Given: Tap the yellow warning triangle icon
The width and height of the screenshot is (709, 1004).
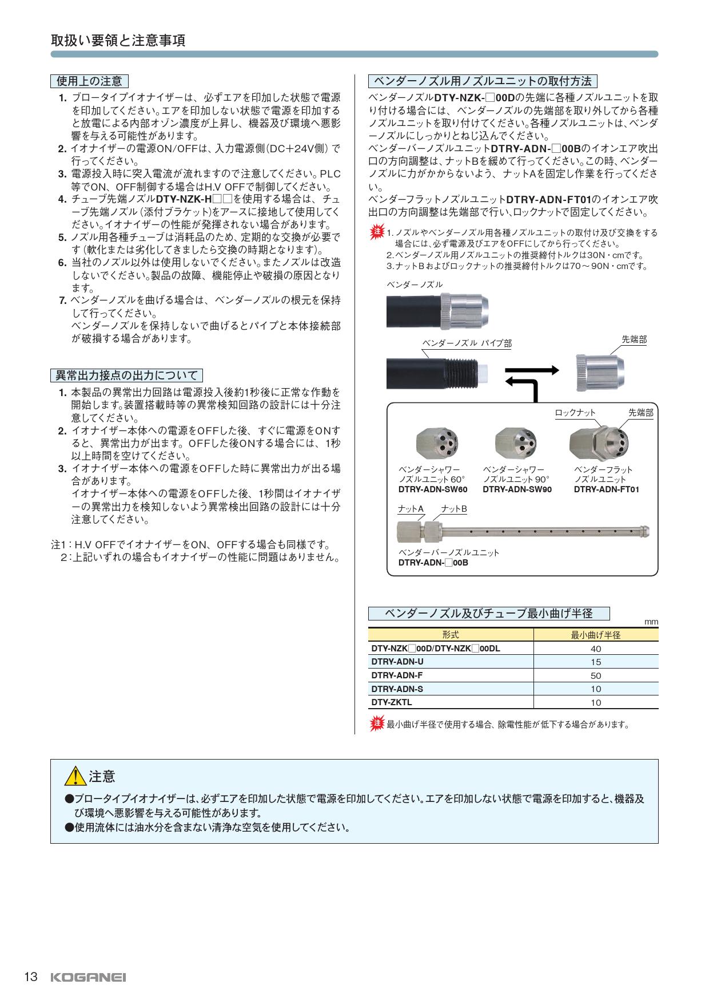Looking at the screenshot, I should tap(75, 776).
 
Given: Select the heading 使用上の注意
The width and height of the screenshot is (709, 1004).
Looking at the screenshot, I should tap(89, 81).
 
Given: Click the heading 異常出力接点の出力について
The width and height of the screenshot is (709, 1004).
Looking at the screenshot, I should tap(126, 375).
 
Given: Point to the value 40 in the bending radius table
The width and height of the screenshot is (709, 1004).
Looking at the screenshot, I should tap(596, 649).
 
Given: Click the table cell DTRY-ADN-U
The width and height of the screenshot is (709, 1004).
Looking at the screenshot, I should tap(397, 662).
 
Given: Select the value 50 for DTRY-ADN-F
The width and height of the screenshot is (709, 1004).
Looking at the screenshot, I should tap(596, 675).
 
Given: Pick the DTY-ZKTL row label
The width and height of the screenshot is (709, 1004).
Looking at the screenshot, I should tap(392, 702).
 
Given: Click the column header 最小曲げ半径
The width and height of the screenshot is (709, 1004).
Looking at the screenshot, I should tap(596, 635).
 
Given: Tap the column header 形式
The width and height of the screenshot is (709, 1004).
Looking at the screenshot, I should tap(451, 635).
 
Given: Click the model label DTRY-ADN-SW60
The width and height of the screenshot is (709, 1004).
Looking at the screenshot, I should tap(433, 489).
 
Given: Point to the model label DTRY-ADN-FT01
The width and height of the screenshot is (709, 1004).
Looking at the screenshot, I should tap(607, 489).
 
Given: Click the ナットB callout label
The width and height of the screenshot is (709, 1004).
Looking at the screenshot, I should tap(454, 509).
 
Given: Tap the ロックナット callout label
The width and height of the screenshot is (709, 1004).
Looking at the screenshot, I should tap(575, 413).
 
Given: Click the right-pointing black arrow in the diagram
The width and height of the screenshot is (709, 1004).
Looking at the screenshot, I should tap(539, 370).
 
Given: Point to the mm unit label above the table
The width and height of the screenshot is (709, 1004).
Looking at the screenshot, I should tap(651, 622).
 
